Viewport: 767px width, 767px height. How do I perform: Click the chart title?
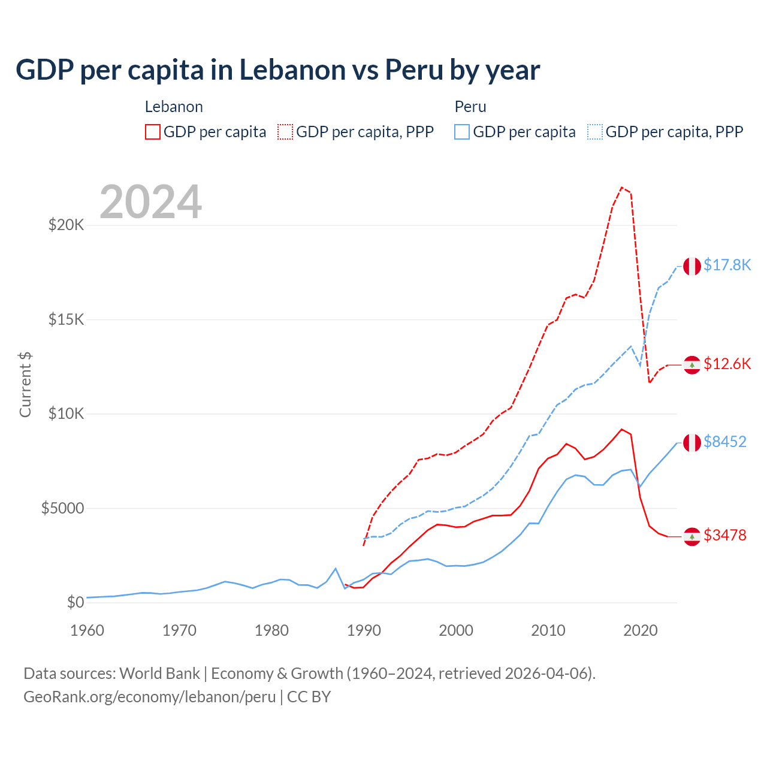point(277,70)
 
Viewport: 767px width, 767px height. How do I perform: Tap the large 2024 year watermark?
point(150,202)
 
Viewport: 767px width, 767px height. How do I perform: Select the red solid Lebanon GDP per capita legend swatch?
point(153,132)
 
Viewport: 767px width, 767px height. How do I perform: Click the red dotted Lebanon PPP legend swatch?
point(285,132)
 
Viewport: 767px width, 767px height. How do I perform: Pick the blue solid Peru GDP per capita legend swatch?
point(462,132)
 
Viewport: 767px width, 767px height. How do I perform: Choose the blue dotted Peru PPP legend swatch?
point(595,132)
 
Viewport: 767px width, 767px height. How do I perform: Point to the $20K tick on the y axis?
point(67,225)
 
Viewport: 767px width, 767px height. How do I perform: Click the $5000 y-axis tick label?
point(63,508)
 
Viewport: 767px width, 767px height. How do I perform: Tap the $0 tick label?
point(75,602)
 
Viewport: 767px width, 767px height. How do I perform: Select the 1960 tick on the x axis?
point(87,630)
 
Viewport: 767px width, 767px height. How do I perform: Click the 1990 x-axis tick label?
point(364,630)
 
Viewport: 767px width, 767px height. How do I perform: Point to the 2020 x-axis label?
point(641,630)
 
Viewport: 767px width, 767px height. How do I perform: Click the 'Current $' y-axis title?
point(25,384)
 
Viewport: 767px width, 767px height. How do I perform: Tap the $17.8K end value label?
point(727,265)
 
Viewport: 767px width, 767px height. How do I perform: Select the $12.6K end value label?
point(727,364)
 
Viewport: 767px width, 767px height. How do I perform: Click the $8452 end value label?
point(725,442)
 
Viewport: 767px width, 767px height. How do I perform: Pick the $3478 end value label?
point(725,535)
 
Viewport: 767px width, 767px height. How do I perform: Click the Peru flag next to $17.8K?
point(692,266)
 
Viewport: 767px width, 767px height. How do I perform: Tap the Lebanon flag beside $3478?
point(692,537)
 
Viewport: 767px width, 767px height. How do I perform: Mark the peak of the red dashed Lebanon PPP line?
point(622,188)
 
